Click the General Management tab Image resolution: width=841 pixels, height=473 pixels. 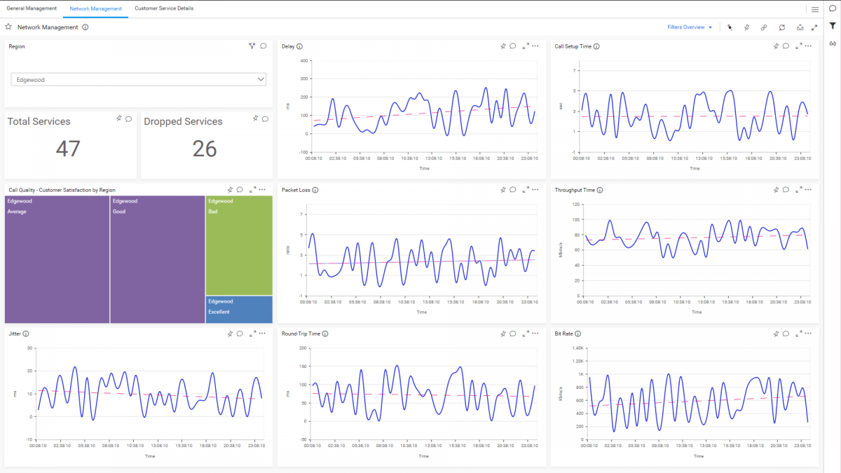coord(32,8)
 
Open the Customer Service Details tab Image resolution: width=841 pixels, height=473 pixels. coord(164,8)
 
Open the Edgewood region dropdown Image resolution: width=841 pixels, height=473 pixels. coord(138,80)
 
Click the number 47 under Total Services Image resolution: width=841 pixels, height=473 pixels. coord(68,149)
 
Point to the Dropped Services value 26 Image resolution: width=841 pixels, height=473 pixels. coord(205,149)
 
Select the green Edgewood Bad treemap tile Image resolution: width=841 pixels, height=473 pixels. coord(239,245)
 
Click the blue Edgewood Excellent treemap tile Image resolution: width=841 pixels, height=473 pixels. coord(239,309)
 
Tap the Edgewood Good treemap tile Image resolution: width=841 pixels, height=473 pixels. coord(158,259)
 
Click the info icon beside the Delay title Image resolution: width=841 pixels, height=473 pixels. coord(299,47)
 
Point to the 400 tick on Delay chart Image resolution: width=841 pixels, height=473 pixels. coord(304,60)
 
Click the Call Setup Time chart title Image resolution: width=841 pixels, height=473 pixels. coord(573,47)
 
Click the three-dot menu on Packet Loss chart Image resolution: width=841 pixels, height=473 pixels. coord(535,190)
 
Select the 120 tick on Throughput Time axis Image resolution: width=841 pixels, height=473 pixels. coord(577,204)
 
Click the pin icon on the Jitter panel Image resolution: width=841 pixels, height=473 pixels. coord(230,334)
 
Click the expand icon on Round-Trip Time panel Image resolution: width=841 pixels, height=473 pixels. coord(525,334)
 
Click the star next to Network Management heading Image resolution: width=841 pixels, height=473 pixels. coord(8,27)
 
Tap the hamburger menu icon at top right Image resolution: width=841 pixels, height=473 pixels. coord(815,9)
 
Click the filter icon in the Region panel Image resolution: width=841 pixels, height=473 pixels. coord(252,46)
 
